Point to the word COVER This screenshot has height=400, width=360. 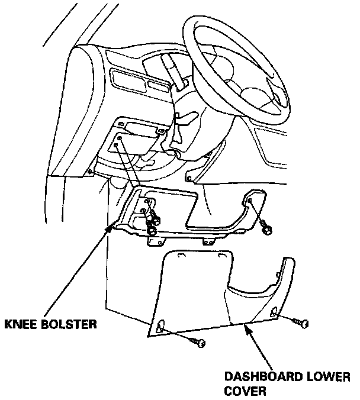(242, 391)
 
